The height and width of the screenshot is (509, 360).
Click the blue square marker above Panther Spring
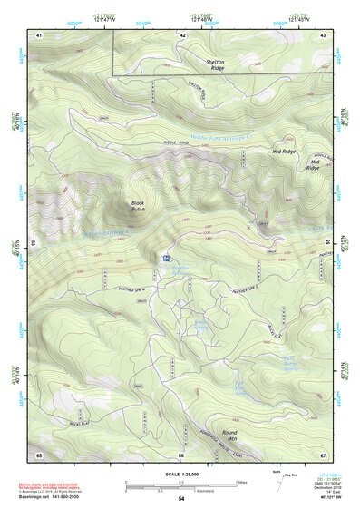point(167,259)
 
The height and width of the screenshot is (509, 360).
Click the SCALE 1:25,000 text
point(180,474)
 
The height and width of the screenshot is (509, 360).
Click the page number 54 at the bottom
point(180,498)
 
